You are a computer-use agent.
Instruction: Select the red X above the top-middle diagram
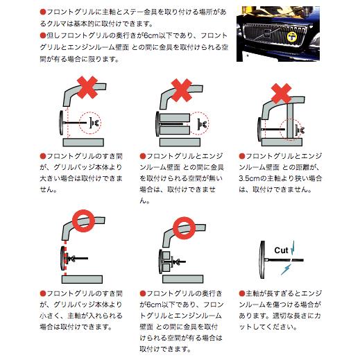[x=181, y=89]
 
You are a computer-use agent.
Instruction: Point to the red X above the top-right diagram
[x=281, y=92]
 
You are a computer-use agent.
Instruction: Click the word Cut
[x=282, y=250]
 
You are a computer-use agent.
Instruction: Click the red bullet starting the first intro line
[x=42, y=12]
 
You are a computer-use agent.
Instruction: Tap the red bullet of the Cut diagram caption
[x=241, y=293]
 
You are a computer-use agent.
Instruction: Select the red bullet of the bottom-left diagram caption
[x=43, y=293]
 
